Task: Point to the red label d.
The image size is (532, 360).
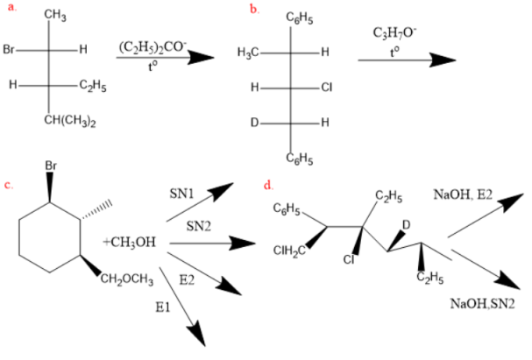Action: point(267,186)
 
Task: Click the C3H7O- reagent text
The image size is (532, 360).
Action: point(394,32)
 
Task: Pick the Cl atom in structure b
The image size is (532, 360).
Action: point(327,88)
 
